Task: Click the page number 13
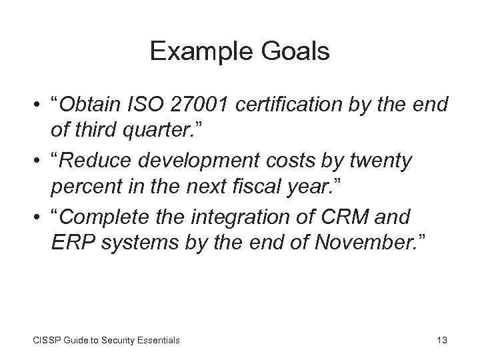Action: click(x=441, y=340)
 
